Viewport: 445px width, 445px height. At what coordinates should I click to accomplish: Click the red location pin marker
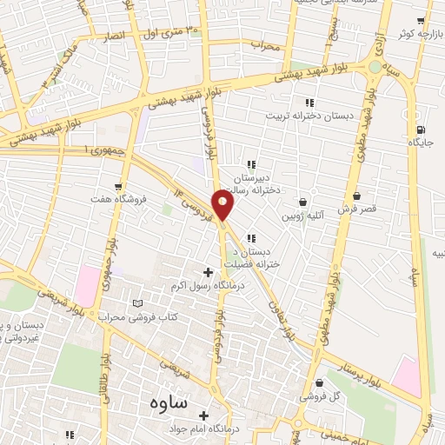(x=223, y=206)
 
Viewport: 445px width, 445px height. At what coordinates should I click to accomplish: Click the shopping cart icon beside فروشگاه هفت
(x=118, y=185)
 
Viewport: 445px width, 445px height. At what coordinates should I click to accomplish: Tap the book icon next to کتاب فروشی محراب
(x=136, y=303)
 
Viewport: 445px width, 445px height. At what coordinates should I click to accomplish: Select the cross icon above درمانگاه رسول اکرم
(x=207, y=273)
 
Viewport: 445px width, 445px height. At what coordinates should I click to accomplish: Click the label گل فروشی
(x=318, y=395)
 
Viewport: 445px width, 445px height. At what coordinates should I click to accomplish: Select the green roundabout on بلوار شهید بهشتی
(x=375, y=66)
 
